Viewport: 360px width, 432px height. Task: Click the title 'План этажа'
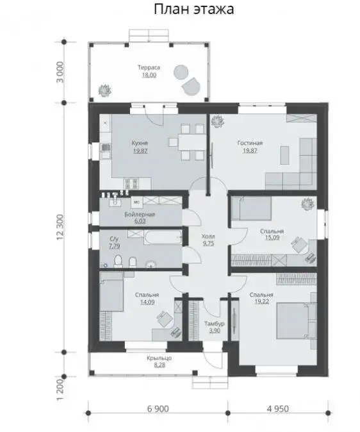point(194,10)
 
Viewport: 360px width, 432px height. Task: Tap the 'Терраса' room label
point(149,67)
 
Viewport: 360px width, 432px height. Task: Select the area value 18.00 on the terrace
point(149,75)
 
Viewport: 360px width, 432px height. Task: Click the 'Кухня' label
point(140,144)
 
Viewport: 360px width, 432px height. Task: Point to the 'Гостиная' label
point(250,144)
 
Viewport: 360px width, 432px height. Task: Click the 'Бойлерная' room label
point(140,214)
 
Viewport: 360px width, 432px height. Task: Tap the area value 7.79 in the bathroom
point(114,246)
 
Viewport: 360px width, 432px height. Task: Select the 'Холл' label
point(208,237)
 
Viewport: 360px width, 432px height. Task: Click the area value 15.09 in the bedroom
point(272,238)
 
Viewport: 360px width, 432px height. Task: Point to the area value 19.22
point(261,301)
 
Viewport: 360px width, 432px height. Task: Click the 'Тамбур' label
point(215,324)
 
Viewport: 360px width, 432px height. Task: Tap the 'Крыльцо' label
point(160,358)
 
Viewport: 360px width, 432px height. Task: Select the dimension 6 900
point(158,409)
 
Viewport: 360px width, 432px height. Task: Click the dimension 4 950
point(278,409)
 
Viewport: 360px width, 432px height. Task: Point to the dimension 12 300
point(60,228)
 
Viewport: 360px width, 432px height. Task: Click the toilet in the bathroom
point(118,261)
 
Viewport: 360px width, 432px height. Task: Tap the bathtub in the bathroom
point(163,238)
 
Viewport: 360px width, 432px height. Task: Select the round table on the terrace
point(181,72)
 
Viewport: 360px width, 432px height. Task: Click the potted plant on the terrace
point(105,90)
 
